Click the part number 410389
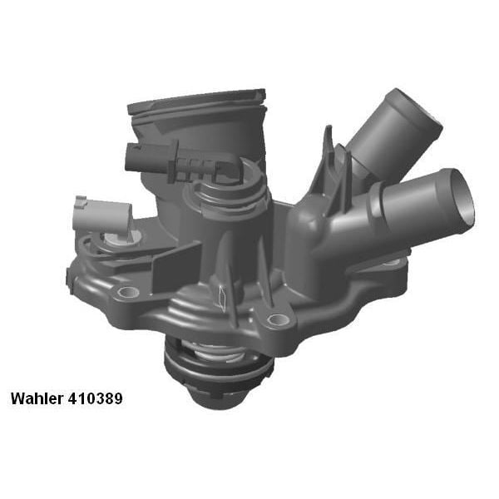pyautogui.click(x=97, y=399)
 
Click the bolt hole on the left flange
pyautogui.click(x=128, y=293)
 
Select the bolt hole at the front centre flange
pyautogui.click(x=279, y=320)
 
